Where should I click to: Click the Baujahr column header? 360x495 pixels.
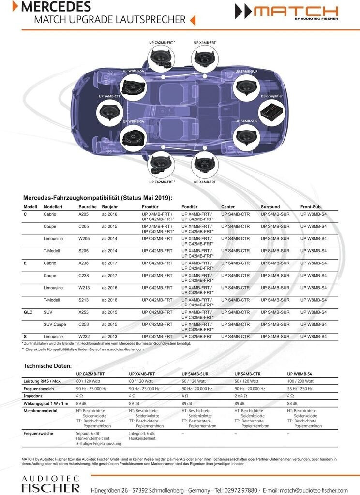[x=104, y=207]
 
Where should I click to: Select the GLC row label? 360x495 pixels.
[x=28, y=312]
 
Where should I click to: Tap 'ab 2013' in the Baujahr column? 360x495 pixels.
[x=109, y=336]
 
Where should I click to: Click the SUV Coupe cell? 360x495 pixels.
[x=55, y=324]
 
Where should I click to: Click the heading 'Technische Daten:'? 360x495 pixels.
[x=47, y=366]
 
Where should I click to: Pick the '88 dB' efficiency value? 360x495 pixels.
[x=292, y=403]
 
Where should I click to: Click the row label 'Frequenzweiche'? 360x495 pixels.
[x=38, y=434]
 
